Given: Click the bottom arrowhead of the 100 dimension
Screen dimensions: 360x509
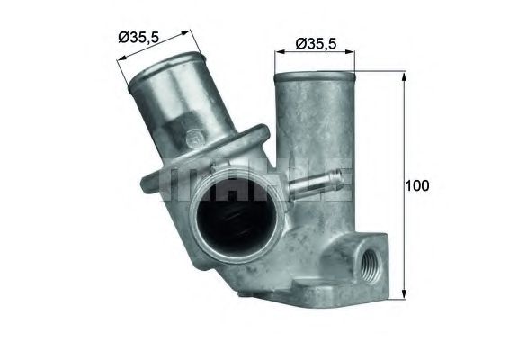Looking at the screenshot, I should (401, 295).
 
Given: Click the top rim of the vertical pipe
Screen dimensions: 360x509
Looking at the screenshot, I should (315, 74).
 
